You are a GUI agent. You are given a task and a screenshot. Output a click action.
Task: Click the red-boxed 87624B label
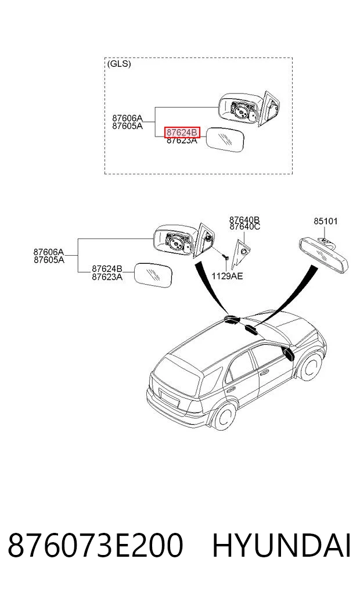(182, 132)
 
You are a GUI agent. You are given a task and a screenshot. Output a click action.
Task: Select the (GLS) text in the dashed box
(119, 64)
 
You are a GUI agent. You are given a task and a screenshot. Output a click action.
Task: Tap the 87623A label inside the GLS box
(182, 141)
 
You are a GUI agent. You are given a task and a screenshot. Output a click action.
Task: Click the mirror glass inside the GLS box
(225, 139)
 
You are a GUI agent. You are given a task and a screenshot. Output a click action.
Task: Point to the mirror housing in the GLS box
(241, 109)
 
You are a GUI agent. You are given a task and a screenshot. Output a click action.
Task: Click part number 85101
(325, 221)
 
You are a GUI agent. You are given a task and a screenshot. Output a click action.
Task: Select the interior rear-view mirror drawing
(324, 255)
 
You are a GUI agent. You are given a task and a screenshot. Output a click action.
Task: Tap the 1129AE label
(227, 276)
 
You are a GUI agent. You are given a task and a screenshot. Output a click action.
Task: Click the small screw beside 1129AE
(226, 256)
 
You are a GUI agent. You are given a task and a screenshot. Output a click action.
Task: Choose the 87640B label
(244, 219)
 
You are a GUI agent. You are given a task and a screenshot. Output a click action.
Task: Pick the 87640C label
(244, 226)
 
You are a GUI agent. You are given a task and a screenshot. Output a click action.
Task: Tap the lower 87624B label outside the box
(107, 268)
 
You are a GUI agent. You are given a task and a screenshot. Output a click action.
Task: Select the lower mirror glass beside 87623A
(154, 275)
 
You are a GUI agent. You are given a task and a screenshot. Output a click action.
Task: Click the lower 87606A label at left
(49, 252)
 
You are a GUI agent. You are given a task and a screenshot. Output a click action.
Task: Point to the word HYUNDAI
(282, 546)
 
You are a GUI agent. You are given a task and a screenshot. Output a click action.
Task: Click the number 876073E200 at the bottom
(95, 546)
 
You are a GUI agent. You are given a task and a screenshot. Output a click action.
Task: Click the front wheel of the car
(311, 365)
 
